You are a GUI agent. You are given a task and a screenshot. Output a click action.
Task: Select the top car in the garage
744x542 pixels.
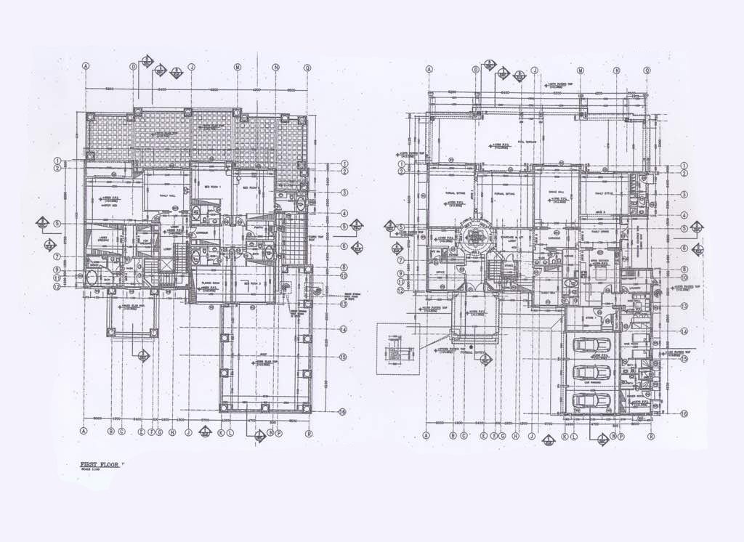591,345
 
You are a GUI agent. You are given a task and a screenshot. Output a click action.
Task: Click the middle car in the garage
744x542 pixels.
591,373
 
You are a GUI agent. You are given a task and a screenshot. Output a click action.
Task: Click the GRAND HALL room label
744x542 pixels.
557,192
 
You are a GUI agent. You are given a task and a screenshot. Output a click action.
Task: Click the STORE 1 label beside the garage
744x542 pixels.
590,317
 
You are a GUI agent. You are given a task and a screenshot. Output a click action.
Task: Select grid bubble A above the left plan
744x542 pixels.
86,66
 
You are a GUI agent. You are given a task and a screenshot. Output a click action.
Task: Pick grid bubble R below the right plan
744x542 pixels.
651,436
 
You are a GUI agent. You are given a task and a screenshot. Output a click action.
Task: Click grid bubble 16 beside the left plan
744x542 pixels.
342,412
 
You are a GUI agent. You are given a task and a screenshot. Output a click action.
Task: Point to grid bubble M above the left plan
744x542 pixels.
237,67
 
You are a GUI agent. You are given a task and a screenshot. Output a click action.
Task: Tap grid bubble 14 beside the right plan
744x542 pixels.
684,330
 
